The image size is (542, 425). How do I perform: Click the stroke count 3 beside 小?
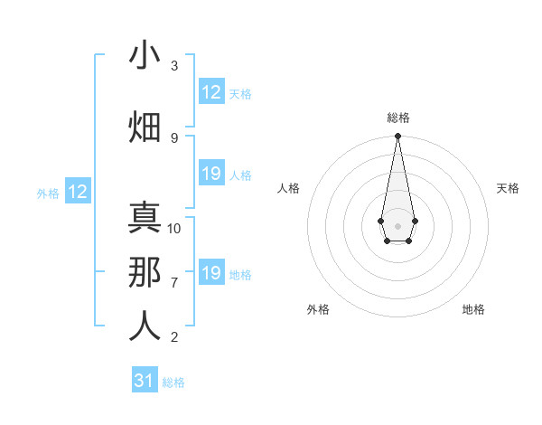point(174,66)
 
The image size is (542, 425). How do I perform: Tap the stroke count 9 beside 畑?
point(174,137)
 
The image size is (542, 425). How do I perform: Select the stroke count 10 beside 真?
point(174,228)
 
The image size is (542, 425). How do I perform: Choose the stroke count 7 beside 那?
point(174,282)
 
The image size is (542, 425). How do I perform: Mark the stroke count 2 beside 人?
point(174,337)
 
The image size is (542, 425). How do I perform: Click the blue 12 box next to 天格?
point(211,92)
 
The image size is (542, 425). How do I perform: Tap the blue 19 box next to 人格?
point(211,174)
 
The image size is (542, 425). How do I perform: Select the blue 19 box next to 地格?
point(211,273)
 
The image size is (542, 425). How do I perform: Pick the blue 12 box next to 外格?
point(78,192)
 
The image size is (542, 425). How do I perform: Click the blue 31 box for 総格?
point(145,381)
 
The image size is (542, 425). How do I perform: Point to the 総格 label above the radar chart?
point(398,118)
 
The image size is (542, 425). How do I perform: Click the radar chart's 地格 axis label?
point(473,309)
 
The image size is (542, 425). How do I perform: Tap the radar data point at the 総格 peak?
point(397,137)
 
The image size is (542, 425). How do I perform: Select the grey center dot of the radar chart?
point(397,225)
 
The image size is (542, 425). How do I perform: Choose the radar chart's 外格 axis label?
point(318,309)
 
